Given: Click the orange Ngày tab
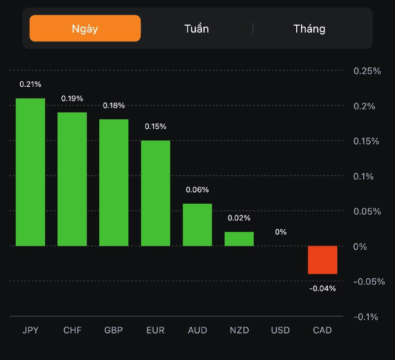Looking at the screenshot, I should point(85,28).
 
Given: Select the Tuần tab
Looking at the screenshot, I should point(197,28).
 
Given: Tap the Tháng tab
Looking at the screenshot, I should point(310,28).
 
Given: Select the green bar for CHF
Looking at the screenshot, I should point(72,179).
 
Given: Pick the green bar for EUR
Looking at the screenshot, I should point(156,193).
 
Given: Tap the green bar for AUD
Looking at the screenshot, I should point(197,224).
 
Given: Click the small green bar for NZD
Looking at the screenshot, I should point(239,239).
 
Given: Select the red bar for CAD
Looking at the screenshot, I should point(322,260).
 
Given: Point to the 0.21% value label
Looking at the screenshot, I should point(30,84).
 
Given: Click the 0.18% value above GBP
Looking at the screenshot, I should point(114,106).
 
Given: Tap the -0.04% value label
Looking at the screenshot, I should point(322,288).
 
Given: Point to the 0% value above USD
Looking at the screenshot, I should point(280,232).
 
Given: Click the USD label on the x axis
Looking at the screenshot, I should point(280,330).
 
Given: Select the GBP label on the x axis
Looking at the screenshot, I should point(114,330).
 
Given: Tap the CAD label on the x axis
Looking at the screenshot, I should point(322,330).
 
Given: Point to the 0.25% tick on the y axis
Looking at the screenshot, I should point(367,71).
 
